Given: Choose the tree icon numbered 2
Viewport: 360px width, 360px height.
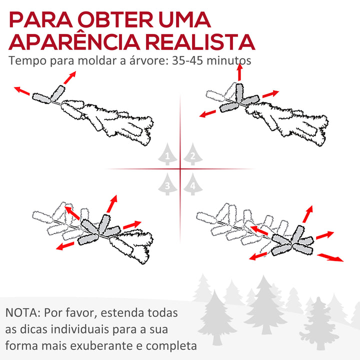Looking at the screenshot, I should pyautogui.click(x=192, y=155).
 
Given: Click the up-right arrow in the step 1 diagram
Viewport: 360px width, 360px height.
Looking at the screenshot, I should pyautogui.click(x=70, y=78).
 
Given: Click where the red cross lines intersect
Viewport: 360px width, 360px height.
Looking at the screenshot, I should pyautogui.click(x=180, y=169).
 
